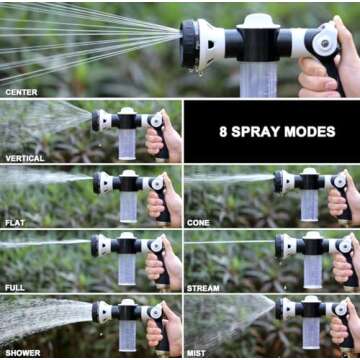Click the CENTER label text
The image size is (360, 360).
(21, 92)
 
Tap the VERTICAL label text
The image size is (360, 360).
(24, 158)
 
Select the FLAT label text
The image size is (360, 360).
(15, 224)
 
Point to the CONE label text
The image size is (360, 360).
(198, 224)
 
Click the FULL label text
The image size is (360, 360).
(15, 289)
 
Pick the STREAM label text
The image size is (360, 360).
(203, 289)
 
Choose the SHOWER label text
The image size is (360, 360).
(22, 352)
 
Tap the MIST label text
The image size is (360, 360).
(197, 352)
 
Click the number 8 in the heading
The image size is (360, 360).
(222, 131)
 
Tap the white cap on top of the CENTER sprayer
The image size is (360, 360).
(259, 20)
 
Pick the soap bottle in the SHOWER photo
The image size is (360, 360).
(127, 336)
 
